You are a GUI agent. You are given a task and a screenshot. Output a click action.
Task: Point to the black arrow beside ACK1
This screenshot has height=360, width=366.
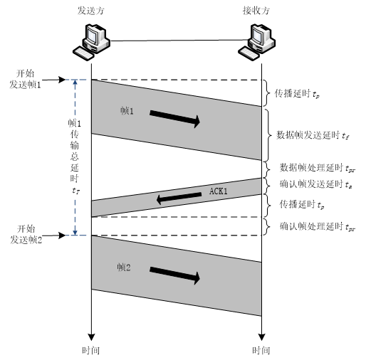(179, 198)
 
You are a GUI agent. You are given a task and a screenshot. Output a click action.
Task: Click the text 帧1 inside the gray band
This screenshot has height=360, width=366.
(128, 112)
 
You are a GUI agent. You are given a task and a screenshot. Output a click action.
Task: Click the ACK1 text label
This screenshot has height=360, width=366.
(219, 191)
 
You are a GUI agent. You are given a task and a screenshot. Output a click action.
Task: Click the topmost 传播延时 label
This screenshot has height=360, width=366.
(298, 92)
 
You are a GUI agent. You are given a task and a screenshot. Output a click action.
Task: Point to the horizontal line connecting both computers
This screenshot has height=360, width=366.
(174, 39)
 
